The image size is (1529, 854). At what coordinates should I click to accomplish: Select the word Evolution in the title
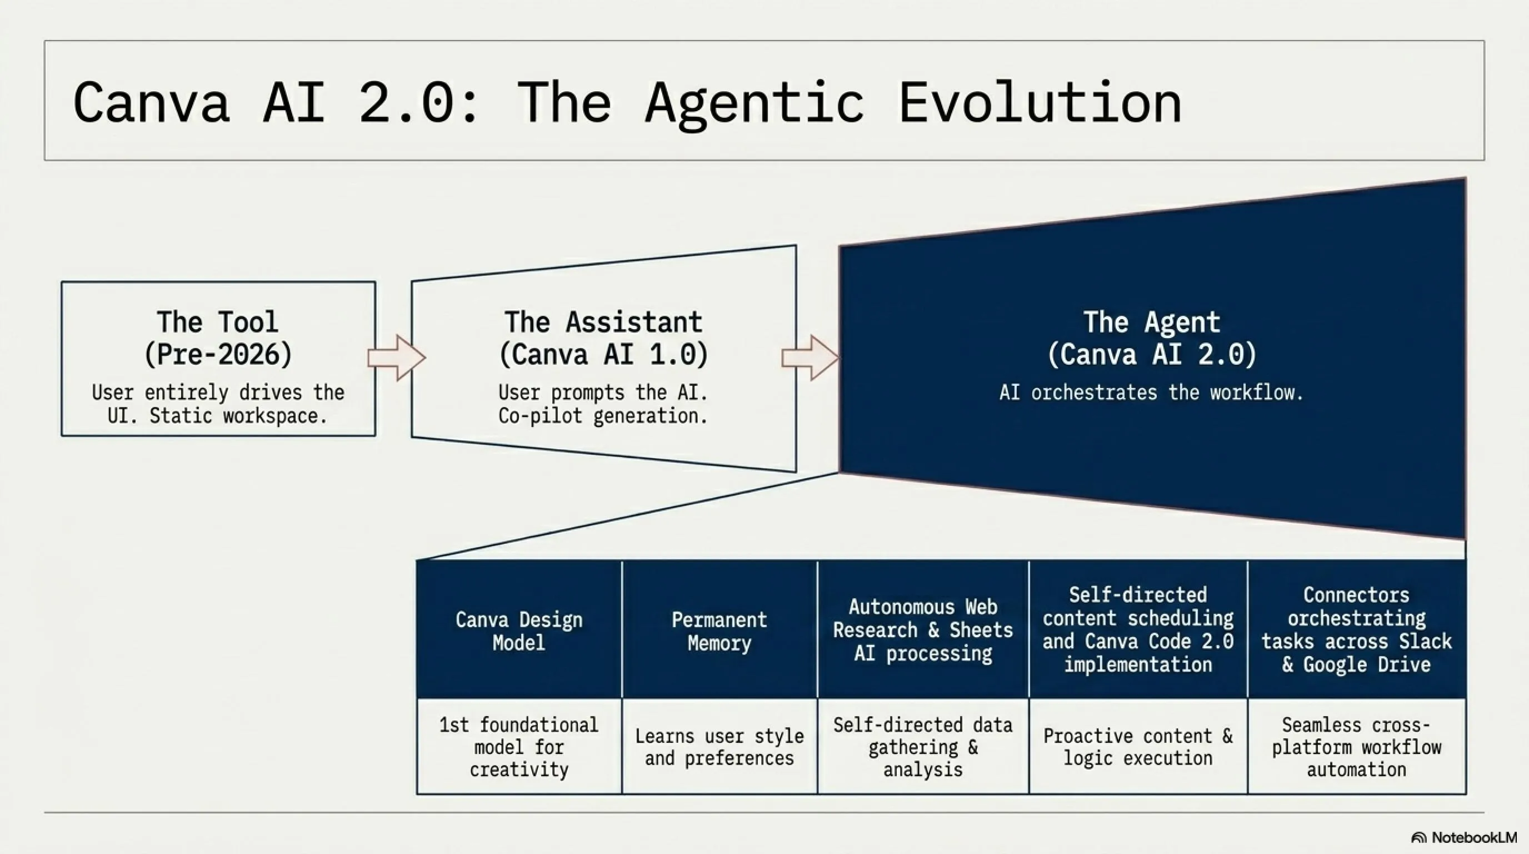(x=1040, y=102)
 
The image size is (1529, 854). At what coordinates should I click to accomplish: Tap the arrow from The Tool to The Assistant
(x=397, y=357)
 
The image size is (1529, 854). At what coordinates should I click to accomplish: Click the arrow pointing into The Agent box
(x=810, y=357)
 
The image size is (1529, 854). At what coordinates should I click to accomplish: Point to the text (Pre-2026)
(x=218, y=355)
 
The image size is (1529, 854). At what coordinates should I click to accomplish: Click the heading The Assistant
(x=603, y=322)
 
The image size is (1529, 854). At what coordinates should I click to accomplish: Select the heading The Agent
(x=1152, y=322)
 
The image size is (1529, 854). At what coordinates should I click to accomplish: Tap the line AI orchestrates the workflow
(x=1152, y=393)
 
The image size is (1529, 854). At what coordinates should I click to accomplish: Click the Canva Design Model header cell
(x=519, y=629)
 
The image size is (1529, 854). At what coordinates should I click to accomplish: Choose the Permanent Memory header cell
(x=719, y=629)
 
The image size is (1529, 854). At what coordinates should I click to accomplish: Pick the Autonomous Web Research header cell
(x=923, y=629)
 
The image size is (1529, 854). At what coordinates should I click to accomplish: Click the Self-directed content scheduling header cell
(x=1138, y=629)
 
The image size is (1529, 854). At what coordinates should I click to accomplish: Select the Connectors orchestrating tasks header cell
(x=1357, y=629)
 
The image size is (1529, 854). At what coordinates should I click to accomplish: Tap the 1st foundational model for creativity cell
(x=519, y=747)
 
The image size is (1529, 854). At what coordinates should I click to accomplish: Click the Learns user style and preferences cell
(x=719, y=747)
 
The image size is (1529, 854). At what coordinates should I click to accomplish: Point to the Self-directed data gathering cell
(x=923, y=747)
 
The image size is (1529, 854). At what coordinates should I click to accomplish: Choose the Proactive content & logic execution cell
(x=1138, y=747)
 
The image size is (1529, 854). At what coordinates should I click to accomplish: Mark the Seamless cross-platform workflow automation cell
(x=1357, y=747)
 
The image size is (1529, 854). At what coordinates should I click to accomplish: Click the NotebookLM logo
(x=1463, y=837)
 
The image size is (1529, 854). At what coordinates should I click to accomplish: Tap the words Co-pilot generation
(x=603, y=416)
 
